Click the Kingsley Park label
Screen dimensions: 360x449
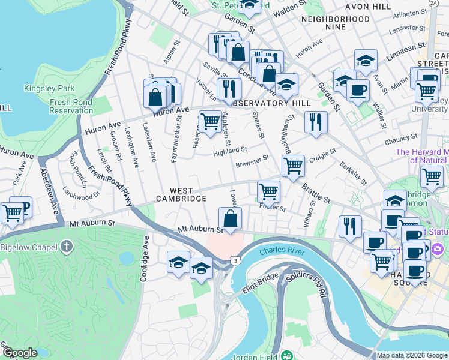[49, 89]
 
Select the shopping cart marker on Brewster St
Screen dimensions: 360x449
[293, 165]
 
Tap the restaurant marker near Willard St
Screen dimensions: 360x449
[349, 226]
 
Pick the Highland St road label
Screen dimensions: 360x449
[230, 151]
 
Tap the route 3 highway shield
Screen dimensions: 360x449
[236, 260]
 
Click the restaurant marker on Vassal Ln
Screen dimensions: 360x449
[229, 88]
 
